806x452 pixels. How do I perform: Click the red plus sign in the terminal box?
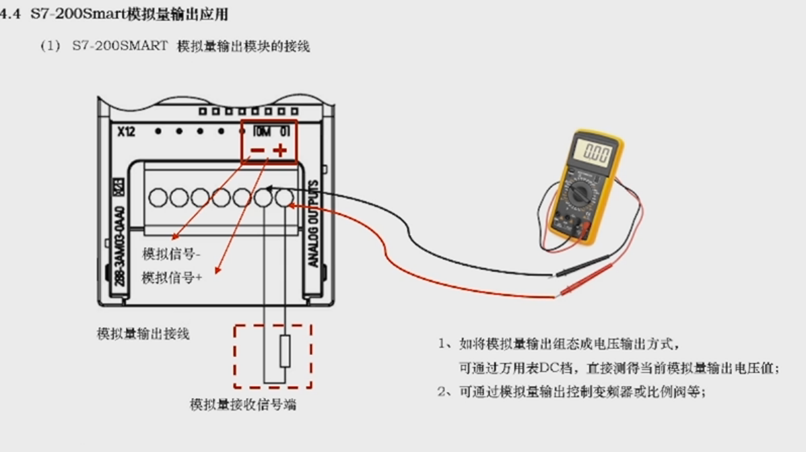tap(280, 151)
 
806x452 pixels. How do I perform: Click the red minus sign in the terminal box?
tap(257, 151)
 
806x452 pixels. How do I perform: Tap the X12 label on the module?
tap(126, 131)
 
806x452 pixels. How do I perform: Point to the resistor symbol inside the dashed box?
tap(285, 350)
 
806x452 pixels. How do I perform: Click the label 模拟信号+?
tap(172, 278)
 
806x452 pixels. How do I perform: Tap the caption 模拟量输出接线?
tap(143, 333)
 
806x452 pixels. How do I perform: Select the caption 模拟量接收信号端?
tap(243, 405)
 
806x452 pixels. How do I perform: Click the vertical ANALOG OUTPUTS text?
tap(314, 223)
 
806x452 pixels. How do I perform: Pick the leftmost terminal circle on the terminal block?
tap(158, 197)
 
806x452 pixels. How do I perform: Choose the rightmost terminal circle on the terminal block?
tap(283, 197)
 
